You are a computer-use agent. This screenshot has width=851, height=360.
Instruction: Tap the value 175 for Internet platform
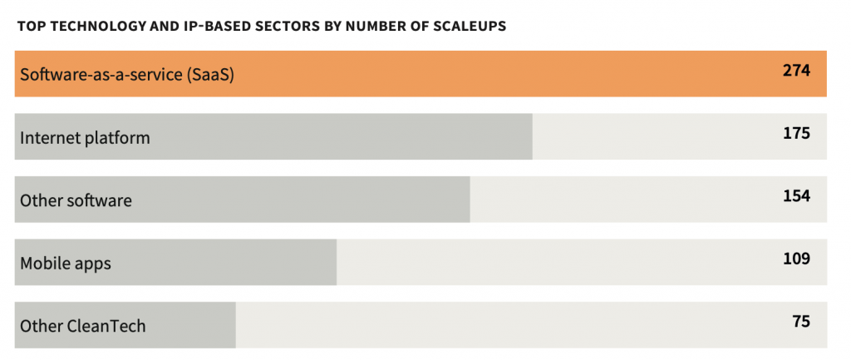[x=795, y=133]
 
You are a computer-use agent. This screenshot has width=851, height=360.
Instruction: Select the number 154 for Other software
[x=795, y=196]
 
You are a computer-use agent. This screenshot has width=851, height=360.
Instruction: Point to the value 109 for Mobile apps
[x=795, y=259]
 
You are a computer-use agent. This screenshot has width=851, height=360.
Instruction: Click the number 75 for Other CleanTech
[x=800, y=322]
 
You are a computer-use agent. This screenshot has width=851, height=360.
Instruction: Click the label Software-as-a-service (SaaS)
[x=127, y=75]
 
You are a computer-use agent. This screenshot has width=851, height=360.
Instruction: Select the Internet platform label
[x=85, y=138]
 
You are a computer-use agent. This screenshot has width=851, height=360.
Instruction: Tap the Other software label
[x=76, y=200]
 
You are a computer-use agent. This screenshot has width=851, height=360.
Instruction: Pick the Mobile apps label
[x=66, y=264]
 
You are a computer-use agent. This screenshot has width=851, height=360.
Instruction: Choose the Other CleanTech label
[x=82, y=326]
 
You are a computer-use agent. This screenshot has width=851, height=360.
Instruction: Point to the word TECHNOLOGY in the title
[x=93, y=26]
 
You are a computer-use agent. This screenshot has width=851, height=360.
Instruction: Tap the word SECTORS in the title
[x=280, y=26]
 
